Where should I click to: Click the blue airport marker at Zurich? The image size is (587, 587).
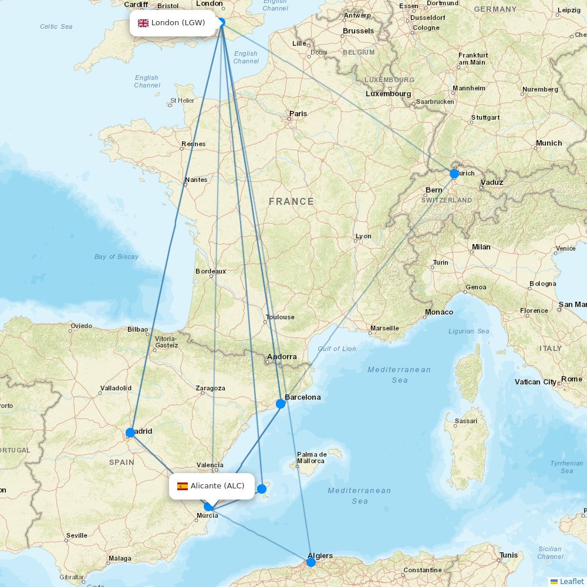tap(454, 174)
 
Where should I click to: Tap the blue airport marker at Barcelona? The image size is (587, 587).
tap(281, 404)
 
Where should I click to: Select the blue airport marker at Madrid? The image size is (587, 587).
tap(130, 433)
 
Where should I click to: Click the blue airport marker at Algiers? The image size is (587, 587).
tap(311, 562)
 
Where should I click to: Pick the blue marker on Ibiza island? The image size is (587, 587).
tap(262, 488)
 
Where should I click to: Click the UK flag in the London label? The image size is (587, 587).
tap(143, 23)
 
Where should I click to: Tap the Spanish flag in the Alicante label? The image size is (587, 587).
tap(183, 486)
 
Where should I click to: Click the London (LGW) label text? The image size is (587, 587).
tap(178, 23)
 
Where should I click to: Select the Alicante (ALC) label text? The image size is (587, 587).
tap(217, 486)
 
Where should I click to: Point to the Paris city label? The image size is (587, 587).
tap(298, 114)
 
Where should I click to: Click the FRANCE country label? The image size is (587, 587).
tap(291, 201)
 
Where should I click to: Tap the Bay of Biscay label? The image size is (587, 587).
tap(116, 257)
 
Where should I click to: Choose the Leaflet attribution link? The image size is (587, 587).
tap(571, 581)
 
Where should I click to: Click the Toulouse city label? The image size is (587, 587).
tap(280, 317)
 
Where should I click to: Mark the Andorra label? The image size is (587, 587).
tap(282, 357)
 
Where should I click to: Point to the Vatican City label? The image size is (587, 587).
tap(535, 382)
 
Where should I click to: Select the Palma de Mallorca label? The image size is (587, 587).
tap(311, 457)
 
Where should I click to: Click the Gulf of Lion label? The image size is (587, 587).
tap(337, 349)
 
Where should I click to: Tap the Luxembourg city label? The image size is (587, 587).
tap(388, 94)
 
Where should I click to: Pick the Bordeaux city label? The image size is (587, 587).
tap(211, 271)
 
